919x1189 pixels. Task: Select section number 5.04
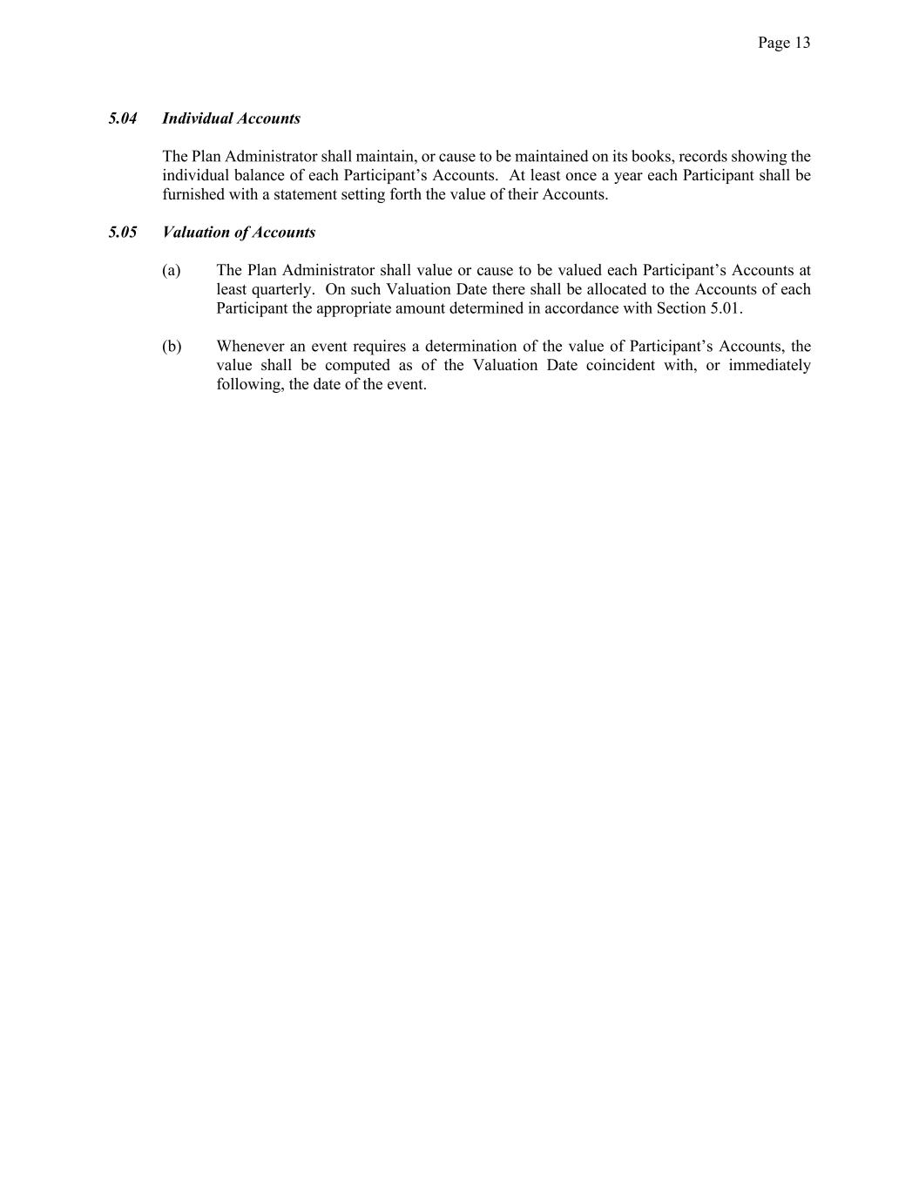tap(123, 118)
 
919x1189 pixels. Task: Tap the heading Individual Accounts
tap(231, 118)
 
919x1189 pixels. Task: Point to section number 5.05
tap(123, 233)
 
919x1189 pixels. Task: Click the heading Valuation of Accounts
tap(239, 233)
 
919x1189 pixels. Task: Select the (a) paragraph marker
tap(172, 271)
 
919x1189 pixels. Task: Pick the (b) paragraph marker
tap(172, 347)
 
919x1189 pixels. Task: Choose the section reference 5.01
tap(726, 309)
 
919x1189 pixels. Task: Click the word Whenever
tap(248, 347)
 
